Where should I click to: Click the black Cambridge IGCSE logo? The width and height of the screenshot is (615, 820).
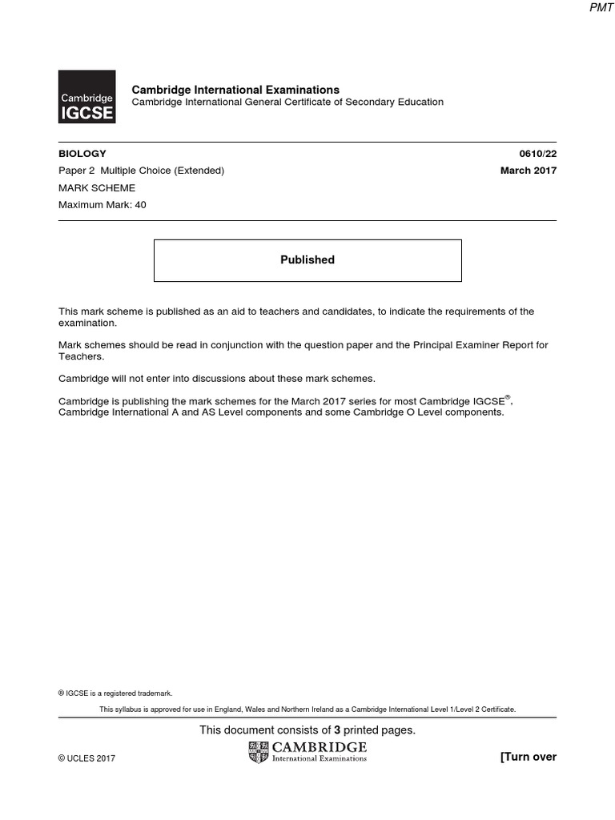[86, 98]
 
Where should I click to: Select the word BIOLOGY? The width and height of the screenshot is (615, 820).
[82, 154]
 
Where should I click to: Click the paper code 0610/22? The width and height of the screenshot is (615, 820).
[538, 154]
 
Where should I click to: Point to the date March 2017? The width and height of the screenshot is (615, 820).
[529, 170]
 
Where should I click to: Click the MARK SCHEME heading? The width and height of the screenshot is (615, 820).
[97, 188]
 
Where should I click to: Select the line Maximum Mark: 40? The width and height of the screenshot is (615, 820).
[102, 205]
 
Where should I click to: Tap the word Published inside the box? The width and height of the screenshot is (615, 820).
[307, 260]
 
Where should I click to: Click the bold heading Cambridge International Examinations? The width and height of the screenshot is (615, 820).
[235, 90]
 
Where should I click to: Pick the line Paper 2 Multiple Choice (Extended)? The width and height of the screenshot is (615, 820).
[141, 171]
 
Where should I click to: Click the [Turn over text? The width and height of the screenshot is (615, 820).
[528, 757]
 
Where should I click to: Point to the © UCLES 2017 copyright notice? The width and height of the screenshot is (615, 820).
[86, 758]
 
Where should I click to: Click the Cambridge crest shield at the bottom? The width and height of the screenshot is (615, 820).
[259, 752]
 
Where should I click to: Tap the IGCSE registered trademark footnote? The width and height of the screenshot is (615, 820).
[115, 693]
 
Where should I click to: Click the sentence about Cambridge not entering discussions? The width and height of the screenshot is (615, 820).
[217, 378]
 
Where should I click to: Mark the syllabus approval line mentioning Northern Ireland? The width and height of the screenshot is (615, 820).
[307, 709]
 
